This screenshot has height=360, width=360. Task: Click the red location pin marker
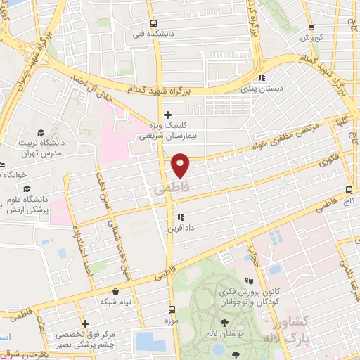click(181, 165)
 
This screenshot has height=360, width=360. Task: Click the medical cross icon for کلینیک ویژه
click(167, 114)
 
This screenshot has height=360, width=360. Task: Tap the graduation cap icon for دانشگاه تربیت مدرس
click(41, 132)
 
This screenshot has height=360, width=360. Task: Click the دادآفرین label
click(180, 227)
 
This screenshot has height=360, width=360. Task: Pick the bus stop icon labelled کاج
click(349, 191)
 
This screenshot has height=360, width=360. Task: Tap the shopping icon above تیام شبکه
click(116, 290)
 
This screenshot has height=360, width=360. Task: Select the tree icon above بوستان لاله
click(224, 323)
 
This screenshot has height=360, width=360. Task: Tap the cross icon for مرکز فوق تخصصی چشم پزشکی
click(84, 323)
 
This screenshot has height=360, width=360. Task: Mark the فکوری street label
click(327, 160)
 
